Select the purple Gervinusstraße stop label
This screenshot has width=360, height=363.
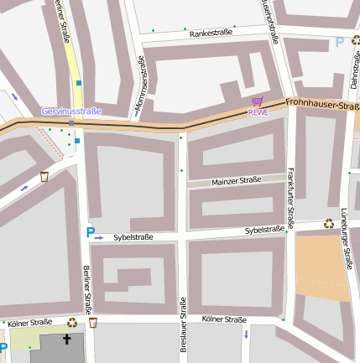[71, 111]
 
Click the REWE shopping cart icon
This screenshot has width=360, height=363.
[257, 101]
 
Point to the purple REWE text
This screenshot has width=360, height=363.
[258, 112]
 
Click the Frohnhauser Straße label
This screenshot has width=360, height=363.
[322, 105]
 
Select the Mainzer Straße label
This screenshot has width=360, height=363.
[237, 180]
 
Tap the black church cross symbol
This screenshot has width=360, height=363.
[67, 340]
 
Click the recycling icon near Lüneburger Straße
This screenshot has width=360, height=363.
[328, 224]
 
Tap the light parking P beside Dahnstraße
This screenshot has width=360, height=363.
[339, 42]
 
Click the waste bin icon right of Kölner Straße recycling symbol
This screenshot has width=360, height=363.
[93, 322]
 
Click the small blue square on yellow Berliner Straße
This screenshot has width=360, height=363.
[78, 83]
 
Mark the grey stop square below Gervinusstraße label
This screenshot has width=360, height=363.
[71, 123]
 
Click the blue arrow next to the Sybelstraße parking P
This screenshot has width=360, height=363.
[99, 238]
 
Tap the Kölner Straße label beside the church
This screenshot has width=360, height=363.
[29, 322]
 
